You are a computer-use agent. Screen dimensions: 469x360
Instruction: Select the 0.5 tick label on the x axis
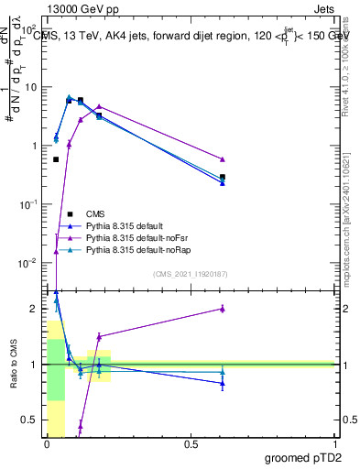pos(191,444)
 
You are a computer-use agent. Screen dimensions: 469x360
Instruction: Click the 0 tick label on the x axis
pos(48,444)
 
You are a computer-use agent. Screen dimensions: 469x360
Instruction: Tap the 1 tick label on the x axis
pos(335,444)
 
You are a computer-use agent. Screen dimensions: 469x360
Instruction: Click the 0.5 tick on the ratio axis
pos(31,420)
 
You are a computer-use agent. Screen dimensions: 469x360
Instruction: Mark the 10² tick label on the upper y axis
pos(31,28)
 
